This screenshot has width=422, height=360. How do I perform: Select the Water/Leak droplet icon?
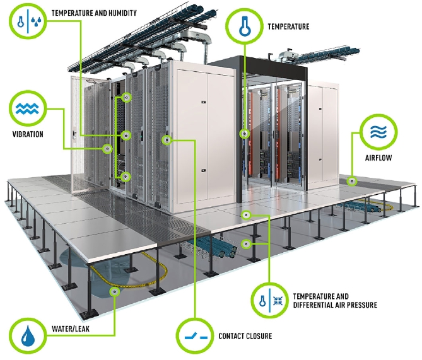coord(28,336)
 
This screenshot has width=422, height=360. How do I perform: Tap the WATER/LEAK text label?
coord(74,328)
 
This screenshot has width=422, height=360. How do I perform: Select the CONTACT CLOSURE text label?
coord(245,336)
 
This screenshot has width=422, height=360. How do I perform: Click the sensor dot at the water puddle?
coord(114,292)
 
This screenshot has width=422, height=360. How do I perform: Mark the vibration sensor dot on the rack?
coord(107,149)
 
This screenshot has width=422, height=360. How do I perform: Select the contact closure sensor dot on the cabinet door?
coord(167,139)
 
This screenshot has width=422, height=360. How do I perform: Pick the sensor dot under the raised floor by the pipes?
coord(248,243)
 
